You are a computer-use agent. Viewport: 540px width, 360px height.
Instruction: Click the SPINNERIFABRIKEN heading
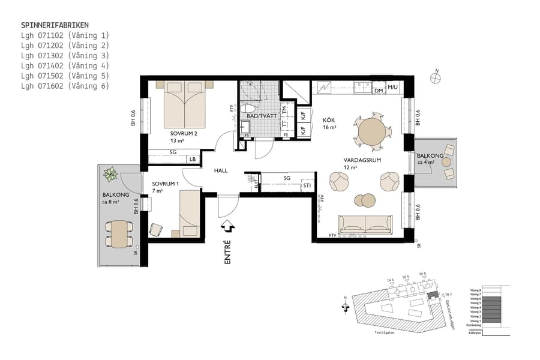tap(55, 25)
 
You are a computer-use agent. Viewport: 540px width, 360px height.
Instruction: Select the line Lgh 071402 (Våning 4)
tap(65, 65)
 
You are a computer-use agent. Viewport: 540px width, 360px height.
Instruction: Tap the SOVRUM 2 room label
tap(184, 133)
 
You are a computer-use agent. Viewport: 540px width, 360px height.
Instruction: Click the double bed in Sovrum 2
tap(185, 104)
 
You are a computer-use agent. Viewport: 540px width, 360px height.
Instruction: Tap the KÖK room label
tap(329, 120)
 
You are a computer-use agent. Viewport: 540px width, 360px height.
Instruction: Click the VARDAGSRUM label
tap(359, 160)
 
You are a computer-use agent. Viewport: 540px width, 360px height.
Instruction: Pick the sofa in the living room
tap(365, 224)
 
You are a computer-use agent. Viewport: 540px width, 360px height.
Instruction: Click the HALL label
tap(221, 171)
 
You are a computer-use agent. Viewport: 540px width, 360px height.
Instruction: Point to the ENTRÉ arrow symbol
tap(227, 226)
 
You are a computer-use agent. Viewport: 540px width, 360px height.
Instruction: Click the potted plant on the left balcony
tap(111, 175)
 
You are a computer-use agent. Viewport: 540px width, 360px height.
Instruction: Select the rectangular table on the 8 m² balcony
tap(119, 233)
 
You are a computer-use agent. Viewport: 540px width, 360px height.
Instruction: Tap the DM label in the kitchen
tap(379, 91)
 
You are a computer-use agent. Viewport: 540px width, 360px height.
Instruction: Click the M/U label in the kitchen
tap(392, 88)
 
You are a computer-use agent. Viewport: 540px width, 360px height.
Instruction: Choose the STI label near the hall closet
tap(307, 186)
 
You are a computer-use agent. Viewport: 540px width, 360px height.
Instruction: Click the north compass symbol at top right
tap(436, 76)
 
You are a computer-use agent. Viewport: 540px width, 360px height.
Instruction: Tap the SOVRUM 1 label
tap(166, 184)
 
